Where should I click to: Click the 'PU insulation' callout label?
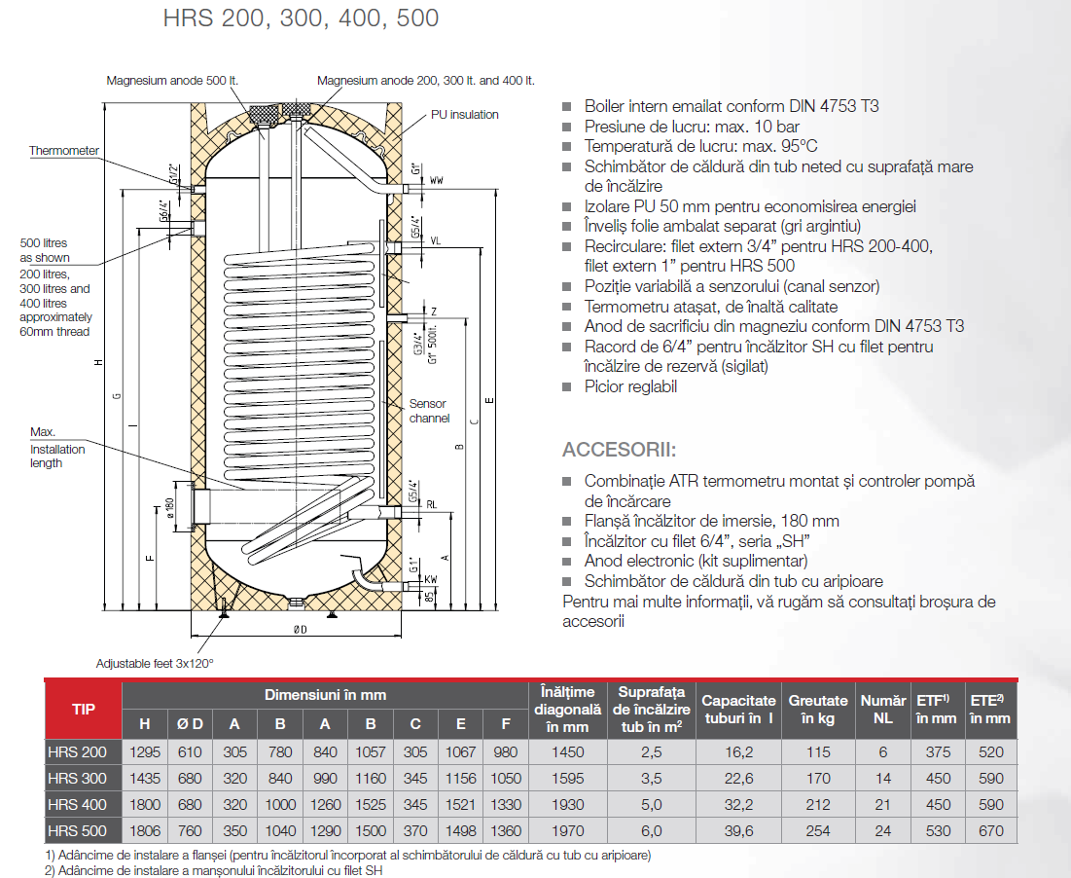(x=465, y=115)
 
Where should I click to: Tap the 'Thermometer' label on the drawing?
(x=64, y=151)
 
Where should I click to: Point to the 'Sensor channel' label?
(x=429, y=411)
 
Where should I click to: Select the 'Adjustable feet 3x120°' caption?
(x=155, y=663)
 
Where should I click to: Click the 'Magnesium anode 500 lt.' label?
(x=172, y=81)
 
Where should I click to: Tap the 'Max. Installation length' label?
(x=57, y=448)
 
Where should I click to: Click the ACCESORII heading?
(x=619, y=451)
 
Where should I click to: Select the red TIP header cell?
(x=84, y=709)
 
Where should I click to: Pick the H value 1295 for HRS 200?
(x=144, y=752)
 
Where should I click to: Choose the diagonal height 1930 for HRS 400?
(x=567, y=805)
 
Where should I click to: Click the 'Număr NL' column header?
(x=881, y=709)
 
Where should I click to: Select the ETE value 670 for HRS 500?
(x=990, y=831)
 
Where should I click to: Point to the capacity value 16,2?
(x=738, y=752)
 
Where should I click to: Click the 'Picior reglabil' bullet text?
(x=630, y=386)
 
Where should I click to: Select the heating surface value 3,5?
(x=652, y=779)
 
